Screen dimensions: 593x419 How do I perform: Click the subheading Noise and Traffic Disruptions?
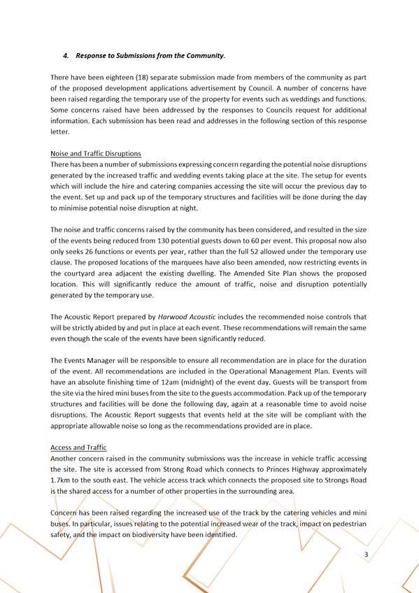96,153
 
